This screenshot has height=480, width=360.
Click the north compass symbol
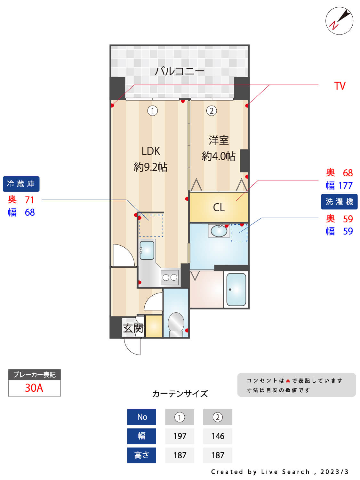(x=339, y=21)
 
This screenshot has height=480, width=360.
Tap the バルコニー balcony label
(x=180, y=71)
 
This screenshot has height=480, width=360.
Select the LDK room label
(x=151, y=151)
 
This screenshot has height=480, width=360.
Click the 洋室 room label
(x=219, y=140)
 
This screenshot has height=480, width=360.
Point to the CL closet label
(x=219, y=207)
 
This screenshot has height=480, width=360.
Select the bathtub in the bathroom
(x=236, y=290)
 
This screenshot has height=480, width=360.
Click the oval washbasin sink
(x=219, y=231)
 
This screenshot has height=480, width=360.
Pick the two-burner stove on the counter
(x=170, y=277)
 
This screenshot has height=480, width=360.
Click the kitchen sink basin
(x=147, y=250)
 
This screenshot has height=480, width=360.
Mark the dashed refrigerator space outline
(x=151, y=226)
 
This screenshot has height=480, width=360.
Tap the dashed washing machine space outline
(x=239, y=233)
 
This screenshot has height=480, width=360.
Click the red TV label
(x=340, y=86)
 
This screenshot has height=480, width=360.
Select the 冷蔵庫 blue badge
(x=21, y=184)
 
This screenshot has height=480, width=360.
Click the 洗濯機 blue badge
(x=339, y=202)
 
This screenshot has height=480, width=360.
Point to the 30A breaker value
(x=34, y=388)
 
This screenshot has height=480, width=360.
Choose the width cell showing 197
(x=180, y=436)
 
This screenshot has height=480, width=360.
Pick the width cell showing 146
(x=218, y=436)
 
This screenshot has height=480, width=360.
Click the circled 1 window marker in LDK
(x=153, y=111)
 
